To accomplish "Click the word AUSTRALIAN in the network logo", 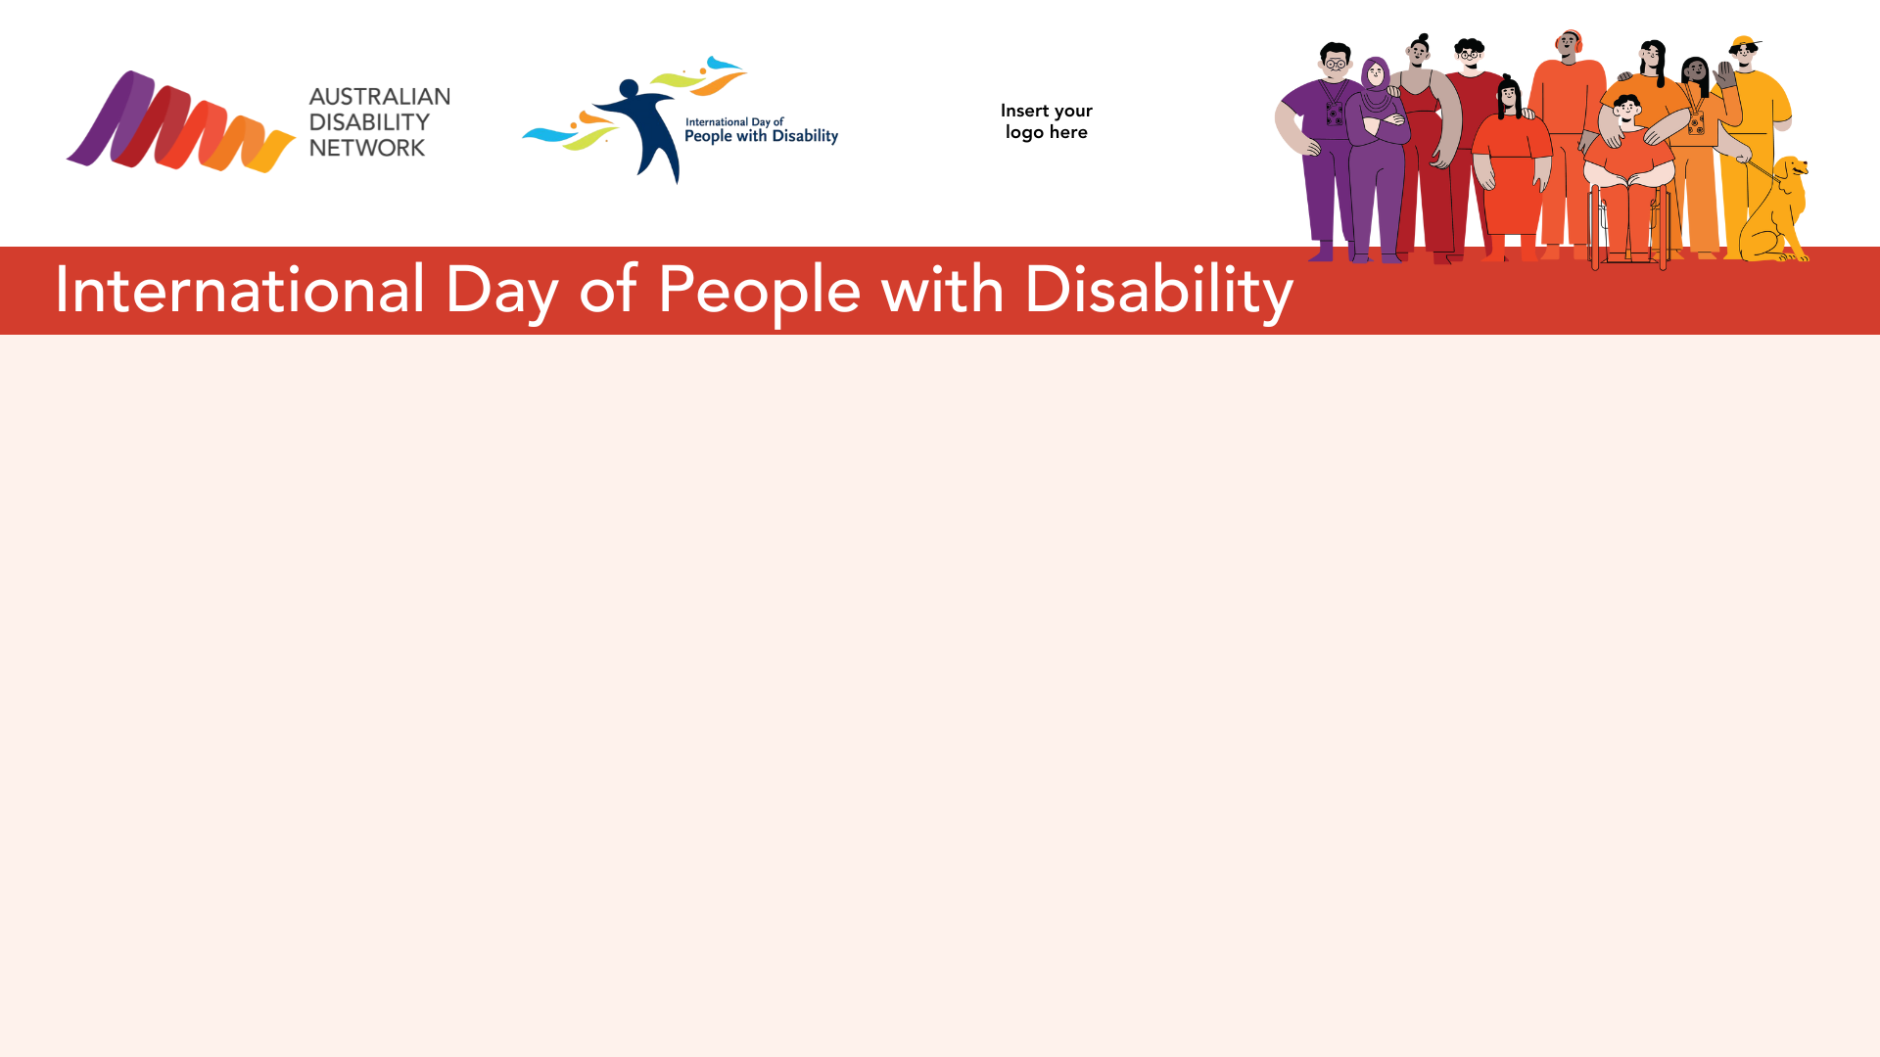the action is tap(380, 97).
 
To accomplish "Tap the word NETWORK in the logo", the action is tap(367, 148).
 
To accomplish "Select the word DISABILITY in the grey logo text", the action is tap(369, 122).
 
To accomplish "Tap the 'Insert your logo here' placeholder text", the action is tap(1047, 121).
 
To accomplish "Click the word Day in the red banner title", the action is tap(501, 291).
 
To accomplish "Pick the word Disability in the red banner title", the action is tap(1159, 291).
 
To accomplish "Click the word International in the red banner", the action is tap(241, 290).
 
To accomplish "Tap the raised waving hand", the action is tap(1724, 73).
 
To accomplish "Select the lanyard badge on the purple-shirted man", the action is tap(1335, 115).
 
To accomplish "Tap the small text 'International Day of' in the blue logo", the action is tap(734, 122).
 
